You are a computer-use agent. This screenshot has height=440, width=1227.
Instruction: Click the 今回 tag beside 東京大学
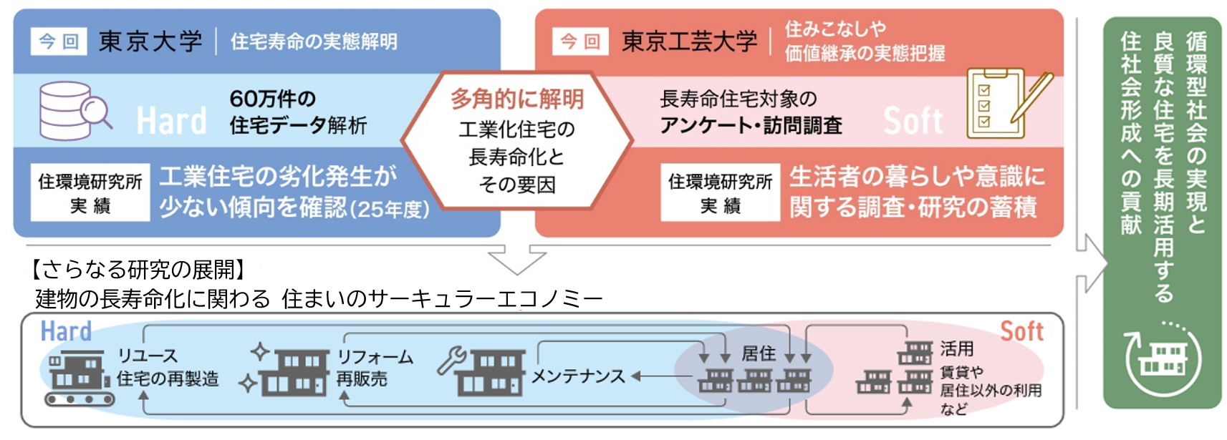[59, 41]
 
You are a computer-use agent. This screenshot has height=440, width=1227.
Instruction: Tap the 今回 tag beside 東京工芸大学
[580, 41]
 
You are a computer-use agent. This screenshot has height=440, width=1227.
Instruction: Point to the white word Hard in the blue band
[171, 120]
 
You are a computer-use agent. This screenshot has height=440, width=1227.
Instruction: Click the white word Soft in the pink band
[913, 120]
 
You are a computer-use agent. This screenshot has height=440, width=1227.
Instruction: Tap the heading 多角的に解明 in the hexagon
[517, 99]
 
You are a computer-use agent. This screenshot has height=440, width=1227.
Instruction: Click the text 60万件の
[273, 99]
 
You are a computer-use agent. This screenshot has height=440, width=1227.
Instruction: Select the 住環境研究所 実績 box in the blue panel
[90, 192]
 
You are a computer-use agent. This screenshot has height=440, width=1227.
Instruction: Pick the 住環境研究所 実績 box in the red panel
[721, 192]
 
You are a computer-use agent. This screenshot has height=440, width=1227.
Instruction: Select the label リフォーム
[375, 357]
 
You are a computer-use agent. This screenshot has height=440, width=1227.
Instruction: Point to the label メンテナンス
[578, 376]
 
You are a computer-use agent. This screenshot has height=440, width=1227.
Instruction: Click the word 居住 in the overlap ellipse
[759, 353]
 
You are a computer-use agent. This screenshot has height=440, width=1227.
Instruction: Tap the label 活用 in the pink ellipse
[957, 348]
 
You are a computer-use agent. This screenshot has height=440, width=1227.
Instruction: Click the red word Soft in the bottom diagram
[1022, 331]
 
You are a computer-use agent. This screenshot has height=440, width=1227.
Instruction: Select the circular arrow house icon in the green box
[1163, 358]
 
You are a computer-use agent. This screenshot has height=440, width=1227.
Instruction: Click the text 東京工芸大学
[690, 41]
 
